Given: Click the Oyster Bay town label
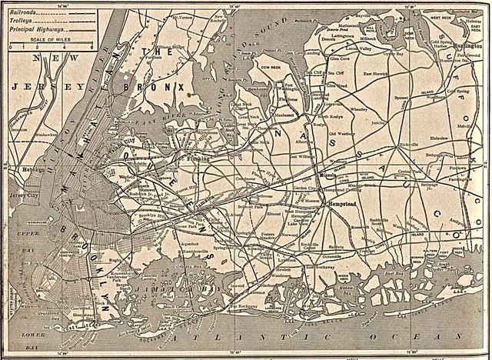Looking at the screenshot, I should click(x=393, y=54).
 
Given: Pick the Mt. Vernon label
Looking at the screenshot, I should click(x=182, y=16).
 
